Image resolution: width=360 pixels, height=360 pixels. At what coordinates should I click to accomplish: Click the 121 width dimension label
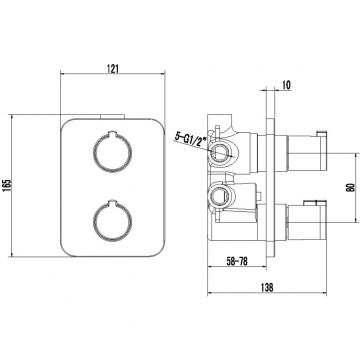113,68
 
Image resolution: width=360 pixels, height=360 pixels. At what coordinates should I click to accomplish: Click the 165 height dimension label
6,185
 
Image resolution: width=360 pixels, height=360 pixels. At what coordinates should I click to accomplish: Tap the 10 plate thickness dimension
286,85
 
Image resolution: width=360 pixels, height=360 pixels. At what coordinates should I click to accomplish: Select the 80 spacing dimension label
351,188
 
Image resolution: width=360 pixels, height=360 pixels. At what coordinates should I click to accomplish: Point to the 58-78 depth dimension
237,261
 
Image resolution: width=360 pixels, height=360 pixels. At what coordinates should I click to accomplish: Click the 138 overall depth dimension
267,287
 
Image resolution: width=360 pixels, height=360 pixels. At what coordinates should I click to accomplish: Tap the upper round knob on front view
112,153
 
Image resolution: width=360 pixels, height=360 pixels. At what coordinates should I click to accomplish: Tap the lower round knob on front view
112,221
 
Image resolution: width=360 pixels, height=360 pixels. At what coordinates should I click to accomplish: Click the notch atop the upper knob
112,134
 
